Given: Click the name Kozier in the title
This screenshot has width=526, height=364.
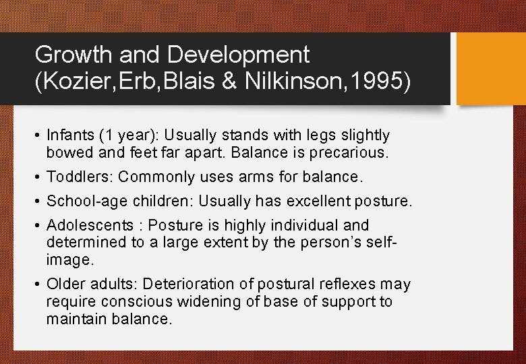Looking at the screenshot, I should point(77,82).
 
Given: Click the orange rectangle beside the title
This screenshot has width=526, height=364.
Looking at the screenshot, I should point(492,69).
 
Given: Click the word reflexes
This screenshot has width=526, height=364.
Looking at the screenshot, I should point(349,284).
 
